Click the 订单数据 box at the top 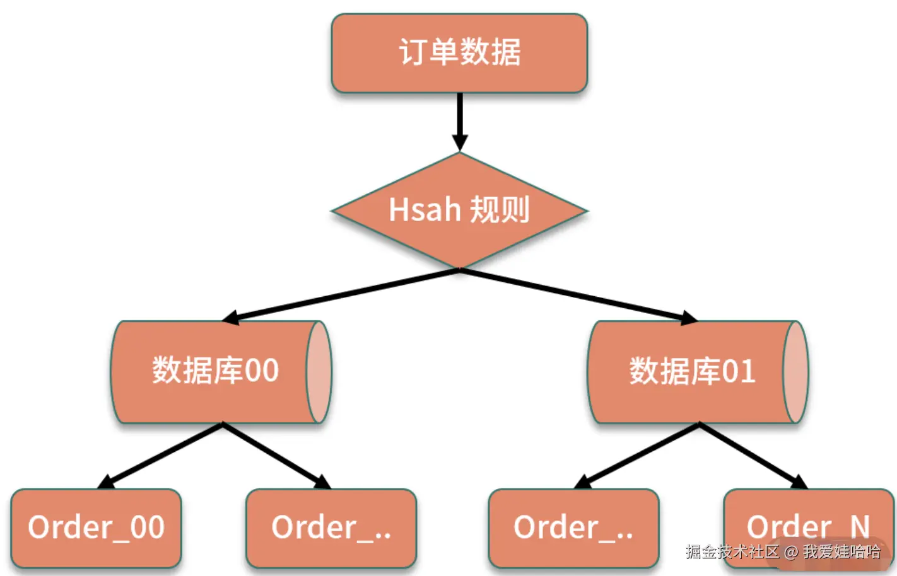point(459,54)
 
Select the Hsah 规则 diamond point(459,210)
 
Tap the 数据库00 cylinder point(214,372)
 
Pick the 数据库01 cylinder point(691,372)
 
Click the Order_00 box point(96,528)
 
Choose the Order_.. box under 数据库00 point(331,528)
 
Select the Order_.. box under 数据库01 point(573,528)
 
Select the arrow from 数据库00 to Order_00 point(161,456)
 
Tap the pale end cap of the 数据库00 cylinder point(319,372)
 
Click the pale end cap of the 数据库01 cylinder point(795,372)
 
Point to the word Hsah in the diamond point(425,210)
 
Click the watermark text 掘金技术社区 point(732,552)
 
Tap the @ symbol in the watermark point(791,553)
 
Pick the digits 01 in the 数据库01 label point(739,371)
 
